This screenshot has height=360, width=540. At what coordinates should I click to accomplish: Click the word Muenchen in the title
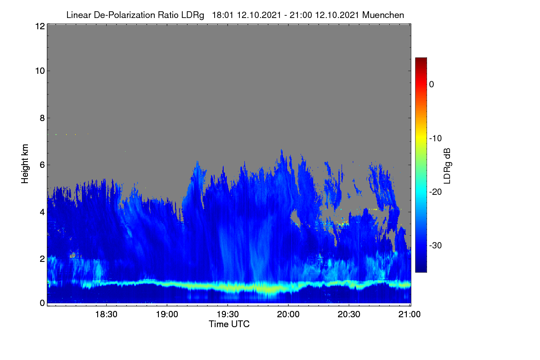click(383, 15)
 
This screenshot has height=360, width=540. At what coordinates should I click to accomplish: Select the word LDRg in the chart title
click(193, 15)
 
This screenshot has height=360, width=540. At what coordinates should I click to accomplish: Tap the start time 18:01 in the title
click(222, 15)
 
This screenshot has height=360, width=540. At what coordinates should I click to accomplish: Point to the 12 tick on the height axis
click(40, 26)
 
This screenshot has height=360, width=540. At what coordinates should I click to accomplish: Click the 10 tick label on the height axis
click(40, 71)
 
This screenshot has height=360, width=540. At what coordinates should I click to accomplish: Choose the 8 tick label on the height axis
click(42, 118)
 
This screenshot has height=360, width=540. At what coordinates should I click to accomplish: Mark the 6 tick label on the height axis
click(42, 165)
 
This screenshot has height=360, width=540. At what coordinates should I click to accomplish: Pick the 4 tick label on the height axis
click(42, 212)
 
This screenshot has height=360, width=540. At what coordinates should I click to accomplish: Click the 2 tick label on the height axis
click(42, 259)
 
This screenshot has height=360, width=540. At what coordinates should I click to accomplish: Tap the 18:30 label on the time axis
click(106, 314)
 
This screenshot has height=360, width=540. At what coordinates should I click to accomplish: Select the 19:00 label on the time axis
click(167, 314)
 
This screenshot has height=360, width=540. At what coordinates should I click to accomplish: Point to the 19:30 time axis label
click(228, 314)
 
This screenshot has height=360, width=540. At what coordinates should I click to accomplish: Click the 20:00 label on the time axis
click(288, 314)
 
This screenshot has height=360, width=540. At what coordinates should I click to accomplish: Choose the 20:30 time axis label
click(349, 314)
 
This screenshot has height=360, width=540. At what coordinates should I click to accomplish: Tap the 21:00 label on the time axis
click(409, 314)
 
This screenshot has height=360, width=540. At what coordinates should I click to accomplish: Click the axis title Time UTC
click(229, 324)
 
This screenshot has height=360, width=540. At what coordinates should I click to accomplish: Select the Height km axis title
click(25, 164)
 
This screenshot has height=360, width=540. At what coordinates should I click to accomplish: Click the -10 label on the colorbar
click(436, 139)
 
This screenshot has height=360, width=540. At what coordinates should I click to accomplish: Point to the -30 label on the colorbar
click(436, 245)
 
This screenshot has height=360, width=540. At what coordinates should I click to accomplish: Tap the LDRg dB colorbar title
click(447, 166)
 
